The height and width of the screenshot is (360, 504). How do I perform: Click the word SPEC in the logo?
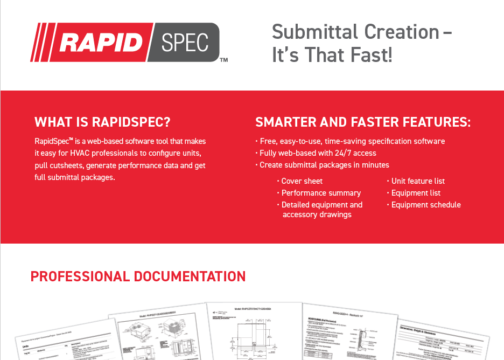[184, 43]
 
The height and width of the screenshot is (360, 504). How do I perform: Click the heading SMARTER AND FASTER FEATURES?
[363, 122]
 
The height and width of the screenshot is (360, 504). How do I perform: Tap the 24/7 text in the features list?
[333, 153]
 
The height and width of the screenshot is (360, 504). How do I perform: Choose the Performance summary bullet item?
[321, 193]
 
